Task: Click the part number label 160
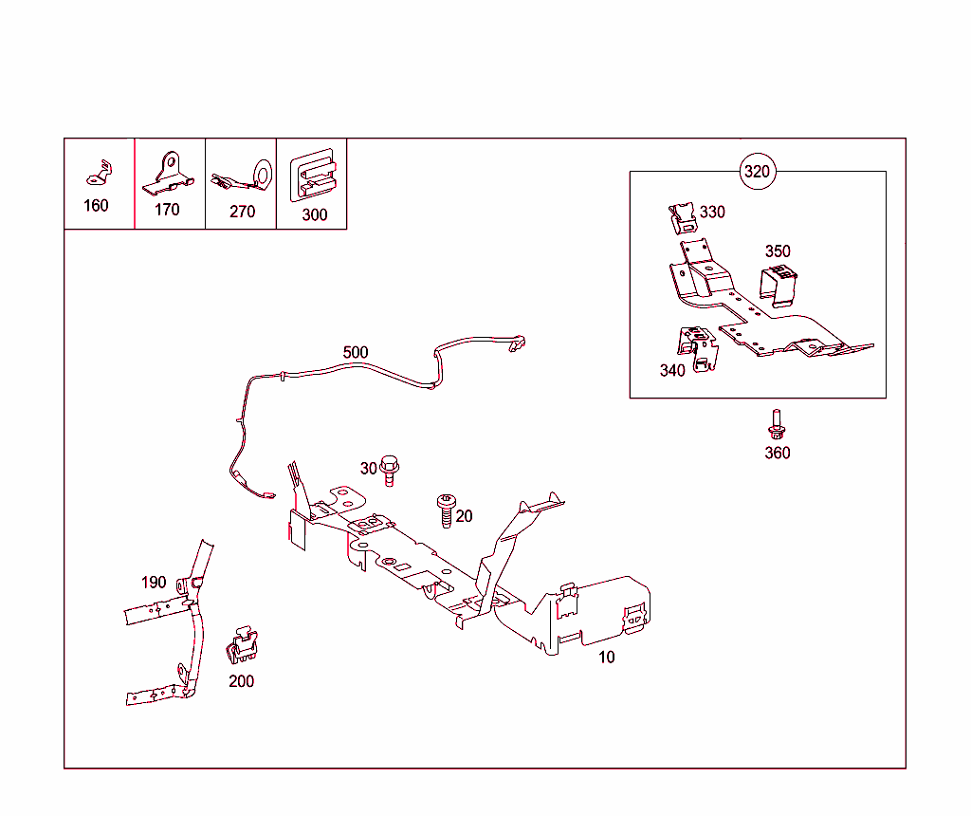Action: tap(96, 206)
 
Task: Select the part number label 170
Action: tap(167, 210)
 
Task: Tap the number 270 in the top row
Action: tap(242, 212)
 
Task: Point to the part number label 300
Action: tap(314, 215)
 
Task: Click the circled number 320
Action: tap(758, 172)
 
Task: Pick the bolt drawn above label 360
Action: tap(776, 423)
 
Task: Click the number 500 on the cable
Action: tap(356, 353)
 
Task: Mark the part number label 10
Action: tap(606, 657)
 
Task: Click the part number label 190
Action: tap(154, 583)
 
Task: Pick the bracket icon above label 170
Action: tap(168, 172)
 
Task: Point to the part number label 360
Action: tap(777, 454)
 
